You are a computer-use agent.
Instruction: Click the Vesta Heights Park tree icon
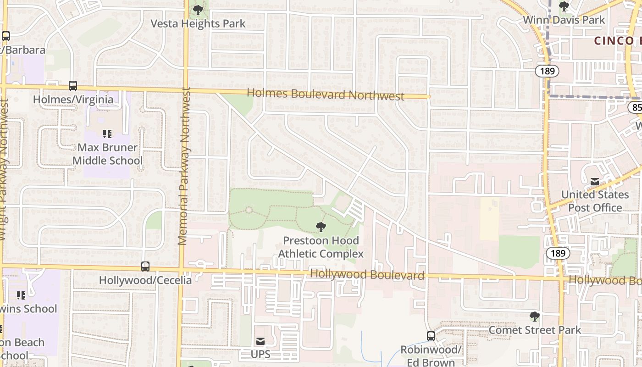pyautogui.click(x=198, y=10)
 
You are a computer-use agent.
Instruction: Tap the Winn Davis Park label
pyautogui.click(x=564, y=20)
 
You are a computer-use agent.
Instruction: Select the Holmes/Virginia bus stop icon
pyautogui.click(x=73, y=86)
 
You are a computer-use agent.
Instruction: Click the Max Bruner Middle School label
pyautogui.click(x=108, y=154)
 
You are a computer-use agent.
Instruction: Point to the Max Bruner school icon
pyautogui.click(x=107, y=134)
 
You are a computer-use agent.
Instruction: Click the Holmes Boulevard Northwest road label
pyautogui.click(x=326, y=95)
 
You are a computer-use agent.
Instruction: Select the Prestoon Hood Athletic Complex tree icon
pyautogui.click(x=321, y=227)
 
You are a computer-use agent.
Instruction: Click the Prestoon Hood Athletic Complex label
pyautogui.click(x=321, y=247)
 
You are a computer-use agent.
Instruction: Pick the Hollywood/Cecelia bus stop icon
pyautogui.click(x=145, y=266)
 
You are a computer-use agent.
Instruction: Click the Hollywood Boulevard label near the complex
pyautogui.click(x=367, y=275)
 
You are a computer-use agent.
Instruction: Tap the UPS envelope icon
pyautogui.click(x=260, y=341)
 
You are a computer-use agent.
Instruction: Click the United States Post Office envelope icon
pyautogui.click(x=595, y=182)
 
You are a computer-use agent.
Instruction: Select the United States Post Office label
pyautogui.click(x=595, y=201)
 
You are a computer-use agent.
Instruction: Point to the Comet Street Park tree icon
pyautogui.click(x=534, y=316)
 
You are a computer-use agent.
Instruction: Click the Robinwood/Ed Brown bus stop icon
pyautogui.click(x=431, y=336)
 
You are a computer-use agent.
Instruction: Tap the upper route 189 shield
pyautogui.click(x=547, y=71)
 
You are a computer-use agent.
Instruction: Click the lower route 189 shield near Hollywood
pyautogui.click(x=558, y=253)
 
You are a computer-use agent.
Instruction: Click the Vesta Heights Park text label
pyautogui.click(x=199, y=23)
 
